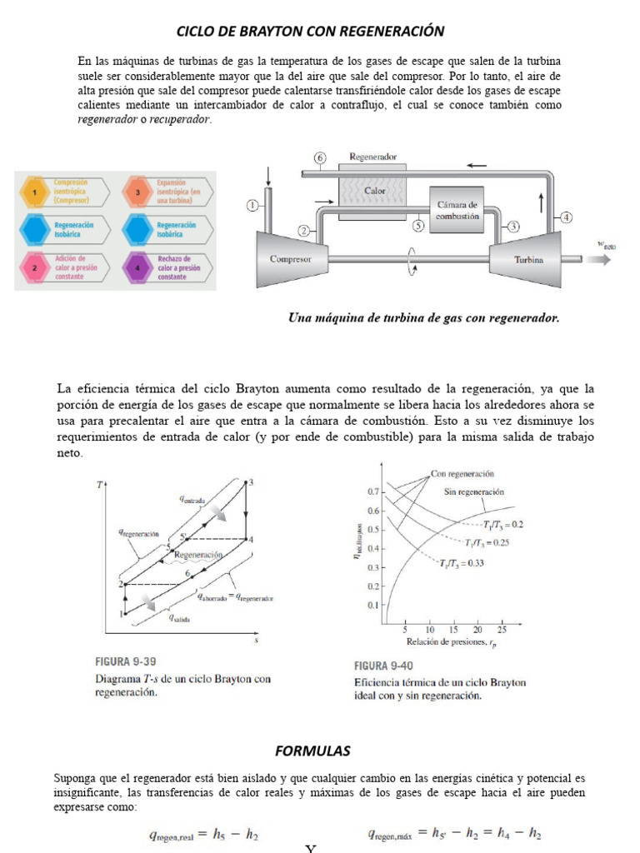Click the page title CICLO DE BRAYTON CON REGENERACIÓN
[310, 32]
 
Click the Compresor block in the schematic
[291, 258]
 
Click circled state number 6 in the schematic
[319, 158]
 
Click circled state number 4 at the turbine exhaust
[567, 217]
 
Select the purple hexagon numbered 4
[137, 267]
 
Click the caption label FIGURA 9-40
[384, 666]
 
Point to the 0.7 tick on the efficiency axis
[372, 491]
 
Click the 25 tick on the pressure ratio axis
[502, 631]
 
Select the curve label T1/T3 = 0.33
[465, 565]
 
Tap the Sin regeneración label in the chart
[474, 491]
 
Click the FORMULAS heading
[313, 751]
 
